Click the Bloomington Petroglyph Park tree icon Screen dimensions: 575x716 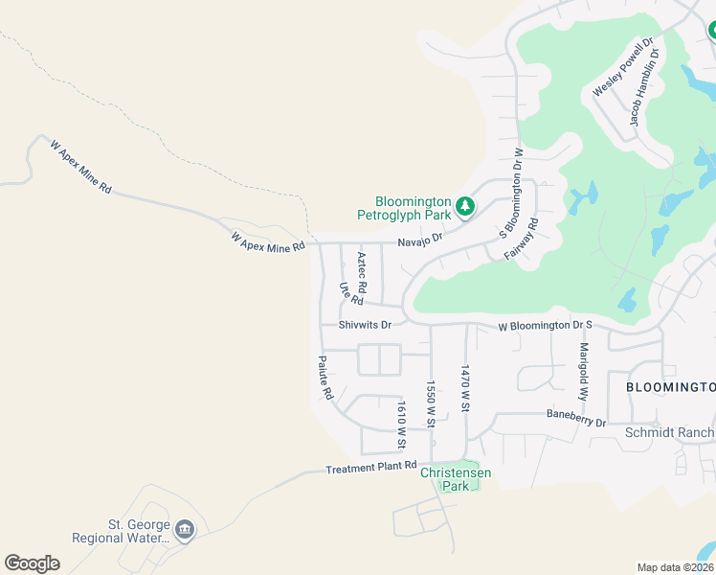pos(464,206)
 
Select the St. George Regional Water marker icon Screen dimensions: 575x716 pos(185,528)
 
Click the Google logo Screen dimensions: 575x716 pos(32,563)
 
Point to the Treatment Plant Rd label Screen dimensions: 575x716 pos(371,468)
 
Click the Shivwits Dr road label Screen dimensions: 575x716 pos(366,325)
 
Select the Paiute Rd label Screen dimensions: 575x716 pos(326,379)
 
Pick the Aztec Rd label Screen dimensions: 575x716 pos(362,272)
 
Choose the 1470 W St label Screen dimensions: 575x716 pos(465,387)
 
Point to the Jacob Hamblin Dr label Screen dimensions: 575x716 pos(645,88)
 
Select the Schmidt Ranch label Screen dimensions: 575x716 pos(669,433)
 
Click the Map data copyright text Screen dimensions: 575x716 pos(675,567)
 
